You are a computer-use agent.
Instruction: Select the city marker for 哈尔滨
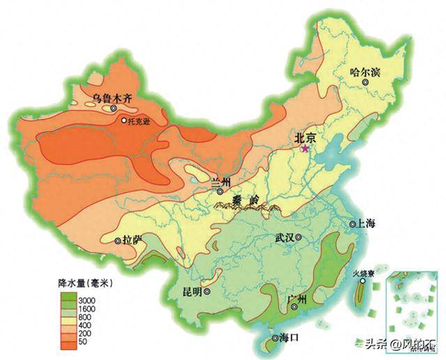point(364,83)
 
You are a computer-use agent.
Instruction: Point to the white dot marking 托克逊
point(124,120)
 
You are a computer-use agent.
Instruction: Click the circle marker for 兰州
point(220,191)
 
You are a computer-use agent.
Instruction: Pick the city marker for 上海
point(353,224)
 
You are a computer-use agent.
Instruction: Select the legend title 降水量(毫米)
point(85,283)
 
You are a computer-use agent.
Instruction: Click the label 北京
point(307,139)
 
